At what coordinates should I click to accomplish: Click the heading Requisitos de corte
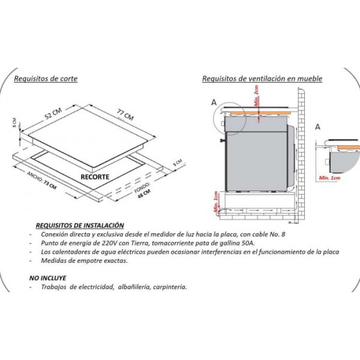point(46,79)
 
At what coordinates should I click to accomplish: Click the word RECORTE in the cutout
point(95,177)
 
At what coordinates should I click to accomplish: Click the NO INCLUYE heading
point(48,278)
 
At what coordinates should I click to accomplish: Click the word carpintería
point(170,287)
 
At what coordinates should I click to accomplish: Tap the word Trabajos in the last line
point(54,287)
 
